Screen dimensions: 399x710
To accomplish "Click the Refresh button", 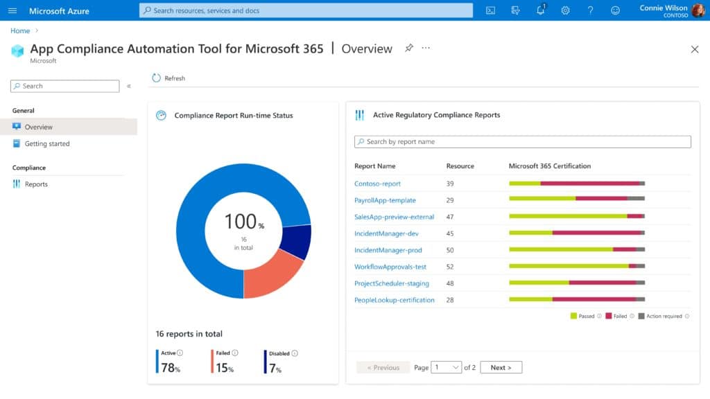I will [x=168, y=78].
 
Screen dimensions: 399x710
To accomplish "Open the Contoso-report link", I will [x=377, y=184].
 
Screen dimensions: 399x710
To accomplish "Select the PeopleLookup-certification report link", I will [x=394, y=300].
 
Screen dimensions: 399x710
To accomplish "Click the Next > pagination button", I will [x=501, y=367].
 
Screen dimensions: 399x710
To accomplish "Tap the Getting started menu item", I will [x=47, y=144].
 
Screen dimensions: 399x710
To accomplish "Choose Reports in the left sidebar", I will [x=36, y=184].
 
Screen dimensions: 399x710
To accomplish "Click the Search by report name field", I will [x=523, y=142].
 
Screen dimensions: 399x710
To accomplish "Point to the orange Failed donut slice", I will [x=273, y=274].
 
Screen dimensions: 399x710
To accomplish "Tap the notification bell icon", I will [x=541, y=10].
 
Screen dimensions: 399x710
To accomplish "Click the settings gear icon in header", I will [x=565, y=10].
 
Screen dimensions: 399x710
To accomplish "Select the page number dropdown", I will [x=446, y=367].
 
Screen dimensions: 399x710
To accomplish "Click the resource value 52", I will [x=450, y=267].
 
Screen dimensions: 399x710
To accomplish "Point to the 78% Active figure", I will [x=171, y=369].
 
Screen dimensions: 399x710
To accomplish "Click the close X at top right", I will [x=695, y=49].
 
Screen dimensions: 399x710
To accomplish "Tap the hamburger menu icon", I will [x=12, y=10].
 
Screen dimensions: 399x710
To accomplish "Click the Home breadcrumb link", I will [x=20, y=30].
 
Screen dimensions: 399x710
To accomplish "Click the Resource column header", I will [x=460, y=166].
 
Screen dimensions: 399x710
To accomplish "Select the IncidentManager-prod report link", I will [x=388, y=250].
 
